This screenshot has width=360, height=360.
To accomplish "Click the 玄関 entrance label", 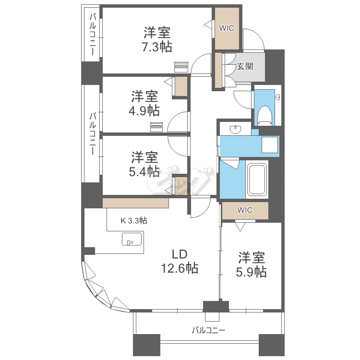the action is [x=245, y=67].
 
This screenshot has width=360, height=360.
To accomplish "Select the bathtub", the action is [x=257, y=180].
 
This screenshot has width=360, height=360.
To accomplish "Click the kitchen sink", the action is [x=132, y=239].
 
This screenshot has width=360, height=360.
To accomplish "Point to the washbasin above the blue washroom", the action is [x=235, y=129].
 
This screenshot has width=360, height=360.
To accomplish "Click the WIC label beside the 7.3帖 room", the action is [x=227, y=28].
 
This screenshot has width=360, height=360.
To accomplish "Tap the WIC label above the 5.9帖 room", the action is [x=245, y=210].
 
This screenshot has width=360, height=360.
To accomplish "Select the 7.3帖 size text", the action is [x=157, y=47].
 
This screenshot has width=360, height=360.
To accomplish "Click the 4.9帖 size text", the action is [x=144, y=111].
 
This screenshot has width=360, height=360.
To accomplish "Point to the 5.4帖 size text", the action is [x=144, y=171].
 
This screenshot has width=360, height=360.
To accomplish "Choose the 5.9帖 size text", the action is [x=252, y=272].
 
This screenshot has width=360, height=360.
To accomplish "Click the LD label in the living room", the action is [x=180, y=254].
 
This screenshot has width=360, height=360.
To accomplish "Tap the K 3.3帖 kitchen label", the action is [x=134, y=221].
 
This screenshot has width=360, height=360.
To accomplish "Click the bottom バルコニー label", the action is [x=208, y=330].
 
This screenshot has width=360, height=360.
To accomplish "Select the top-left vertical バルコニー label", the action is [x=93, y=35].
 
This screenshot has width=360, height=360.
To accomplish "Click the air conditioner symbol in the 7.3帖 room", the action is [x=181, y=66].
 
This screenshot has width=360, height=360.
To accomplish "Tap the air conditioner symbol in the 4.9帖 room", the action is [x=156, y=127].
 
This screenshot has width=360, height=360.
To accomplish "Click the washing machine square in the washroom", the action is [x=270, y=145].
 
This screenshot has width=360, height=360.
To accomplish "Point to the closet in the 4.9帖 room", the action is [x=181, y=86].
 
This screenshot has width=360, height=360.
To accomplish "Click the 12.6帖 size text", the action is [x=180, y=268].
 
